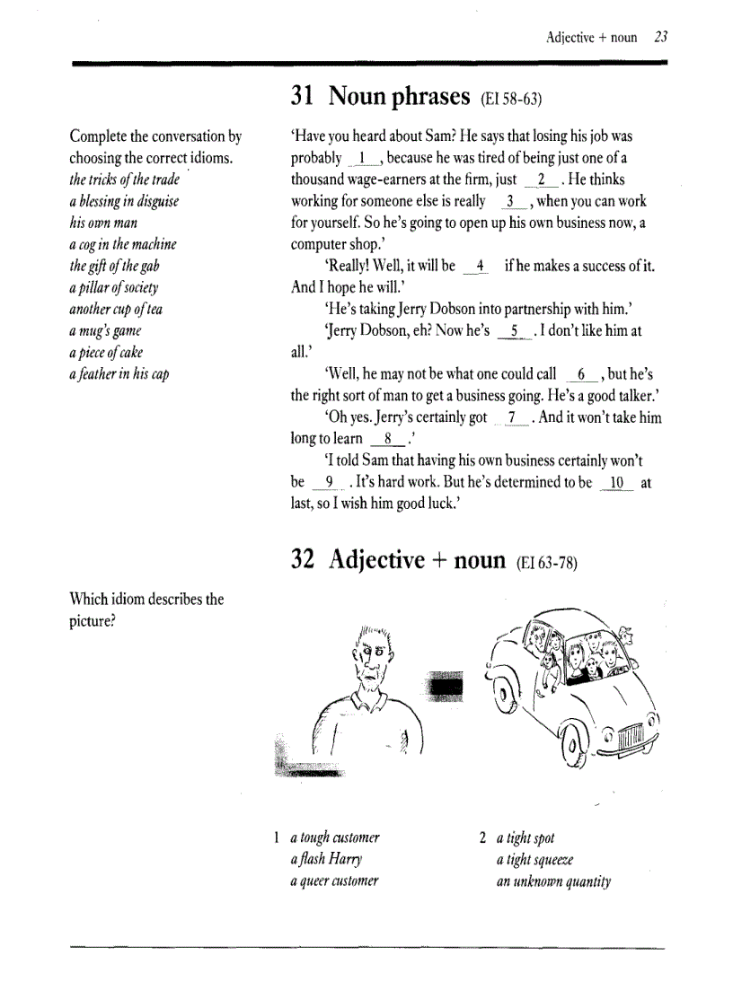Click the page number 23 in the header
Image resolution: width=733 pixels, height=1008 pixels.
tap(660, 38)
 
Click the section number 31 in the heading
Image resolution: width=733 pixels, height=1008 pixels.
tap(304, 95)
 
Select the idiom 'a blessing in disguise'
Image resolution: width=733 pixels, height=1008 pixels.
tap(124, 201)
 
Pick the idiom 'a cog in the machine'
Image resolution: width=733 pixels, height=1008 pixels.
tap(123, 244)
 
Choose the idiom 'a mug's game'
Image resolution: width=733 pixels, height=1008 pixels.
tap(106, 331)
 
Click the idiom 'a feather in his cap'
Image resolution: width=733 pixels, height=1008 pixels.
tap(119, 374)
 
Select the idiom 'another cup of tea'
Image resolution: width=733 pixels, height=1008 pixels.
tap(116, 310)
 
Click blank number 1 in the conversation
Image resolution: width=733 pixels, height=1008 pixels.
tap(364, 159)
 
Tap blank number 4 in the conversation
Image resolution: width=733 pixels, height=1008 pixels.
tap(481, 267)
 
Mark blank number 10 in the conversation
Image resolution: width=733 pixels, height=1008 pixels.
tap(616, 482)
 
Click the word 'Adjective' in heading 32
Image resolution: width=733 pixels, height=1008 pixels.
tap(376, 560)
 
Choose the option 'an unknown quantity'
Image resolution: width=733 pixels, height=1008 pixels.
tap(553, 881)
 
